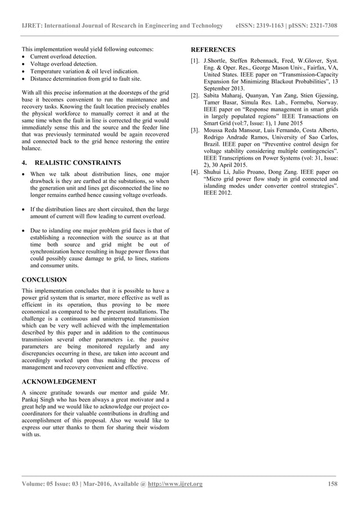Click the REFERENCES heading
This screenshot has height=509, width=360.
pos(213,50)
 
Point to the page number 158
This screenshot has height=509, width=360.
pos(332,484)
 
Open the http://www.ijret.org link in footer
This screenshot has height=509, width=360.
pos(175,484)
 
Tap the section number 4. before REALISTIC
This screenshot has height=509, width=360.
pos(24,163)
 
